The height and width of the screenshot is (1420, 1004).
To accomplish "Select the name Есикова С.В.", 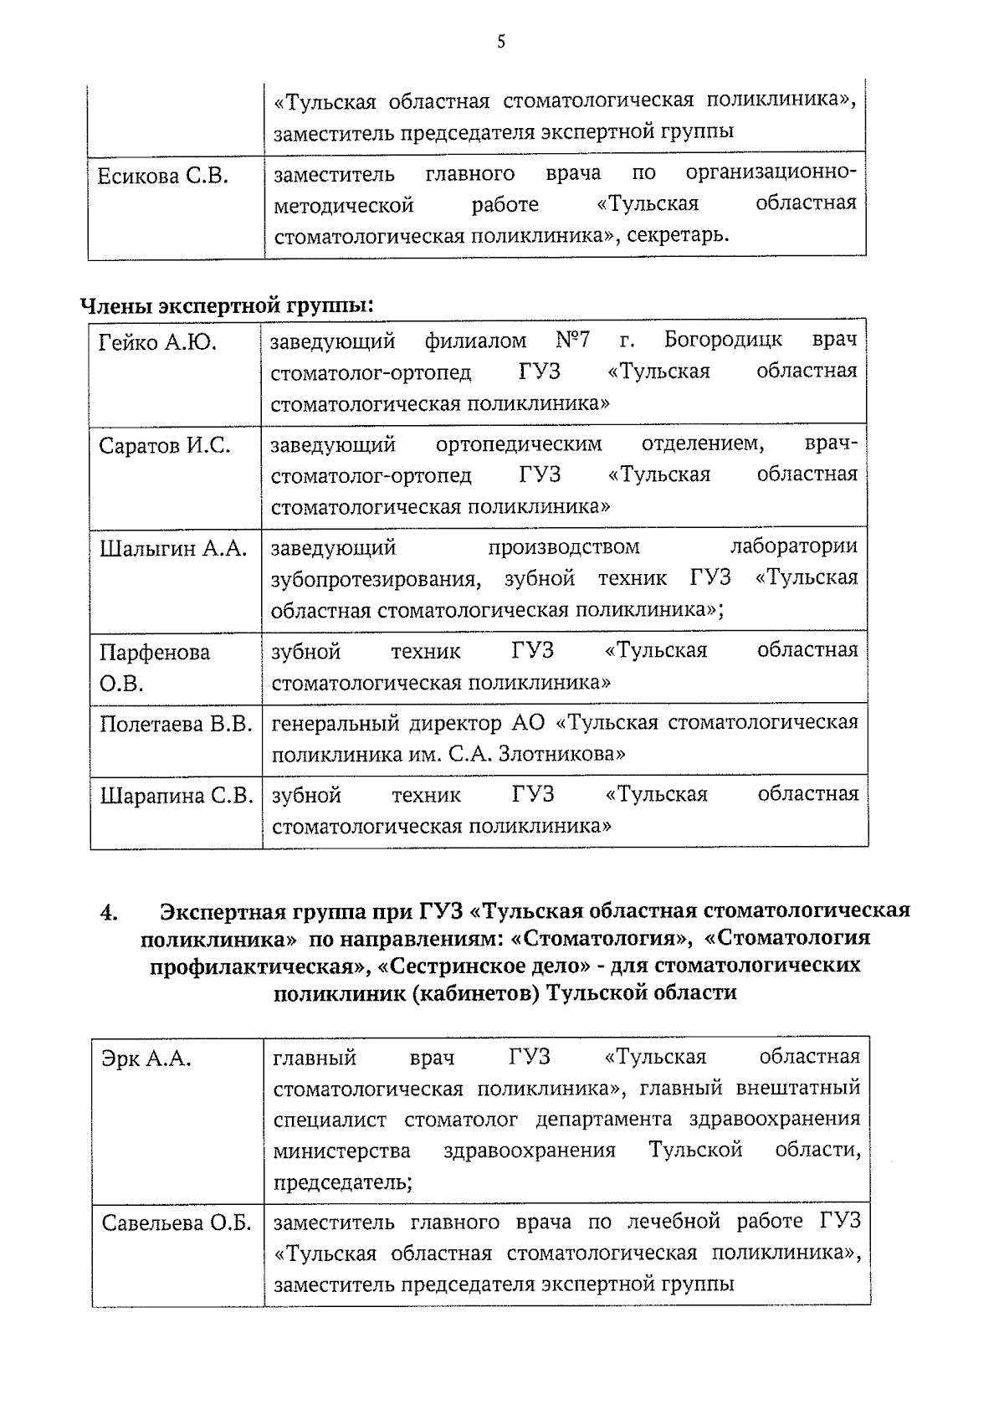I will (x=163, y=177).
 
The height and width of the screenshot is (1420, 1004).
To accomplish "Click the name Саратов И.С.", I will (x=164, y=446).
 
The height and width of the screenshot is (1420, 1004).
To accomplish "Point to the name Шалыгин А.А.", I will (x=173, y=549).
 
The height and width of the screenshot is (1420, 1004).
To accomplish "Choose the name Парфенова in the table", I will (x=155, y=653).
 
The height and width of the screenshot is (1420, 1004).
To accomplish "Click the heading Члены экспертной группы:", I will (x=227, y=306).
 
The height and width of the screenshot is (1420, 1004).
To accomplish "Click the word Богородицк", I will (x=723, y=340).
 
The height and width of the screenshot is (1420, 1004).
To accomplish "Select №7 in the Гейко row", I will (x=572, y=340).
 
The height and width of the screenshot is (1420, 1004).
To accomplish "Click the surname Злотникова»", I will (x=561, y=755).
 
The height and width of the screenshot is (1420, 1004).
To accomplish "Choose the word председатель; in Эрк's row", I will (x=342, y=1183).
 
